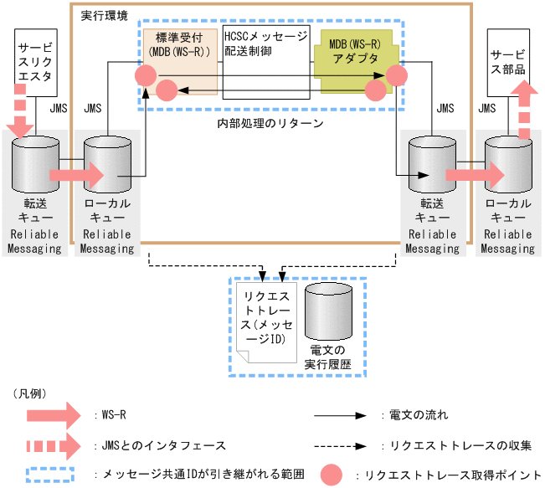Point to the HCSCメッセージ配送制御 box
(265, 63)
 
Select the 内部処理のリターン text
(270, 123)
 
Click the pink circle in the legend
(332, 474)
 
